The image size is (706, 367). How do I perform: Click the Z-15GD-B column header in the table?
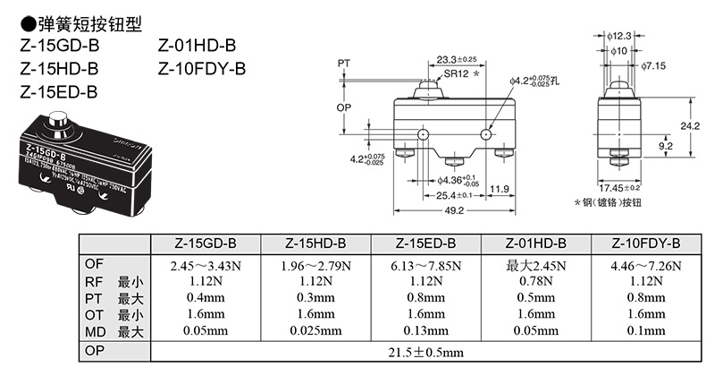pos(206,244)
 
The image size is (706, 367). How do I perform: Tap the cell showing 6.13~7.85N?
pos(425,265)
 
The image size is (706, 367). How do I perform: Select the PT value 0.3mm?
pos(315,297)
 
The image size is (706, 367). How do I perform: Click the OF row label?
pos(94,265)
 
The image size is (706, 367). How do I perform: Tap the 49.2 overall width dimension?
pos(454,210)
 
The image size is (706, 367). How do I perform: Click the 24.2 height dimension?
pos(689,126)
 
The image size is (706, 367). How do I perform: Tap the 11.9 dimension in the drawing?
pos(500,189)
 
